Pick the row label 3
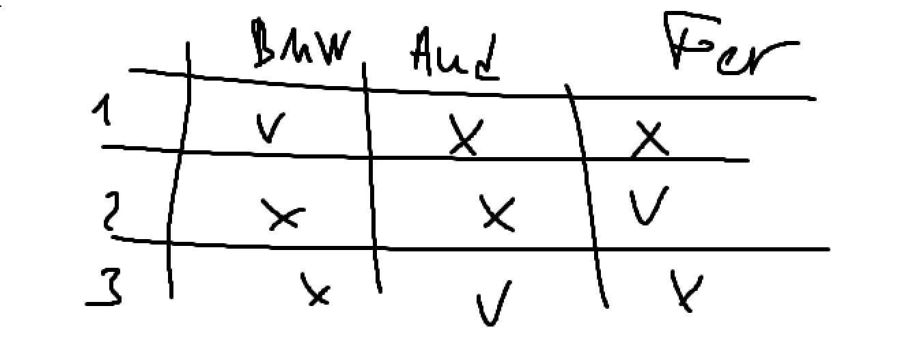tap(107, 288)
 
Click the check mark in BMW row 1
tap(267, 128)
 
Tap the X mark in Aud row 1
tap(466, 135)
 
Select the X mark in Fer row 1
tap(649, 139)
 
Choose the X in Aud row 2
tap(497, 213)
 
